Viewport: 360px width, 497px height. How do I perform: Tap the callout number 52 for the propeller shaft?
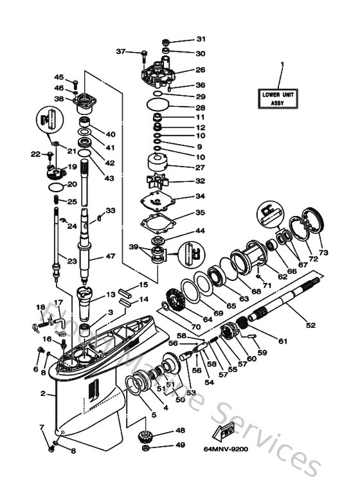310,325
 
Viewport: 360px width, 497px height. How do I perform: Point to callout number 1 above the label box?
281,64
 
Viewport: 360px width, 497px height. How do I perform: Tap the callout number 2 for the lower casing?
42,393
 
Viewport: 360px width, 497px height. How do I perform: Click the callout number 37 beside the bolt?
120,51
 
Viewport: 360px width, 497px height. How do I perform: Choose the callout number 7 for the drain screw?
42,427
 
